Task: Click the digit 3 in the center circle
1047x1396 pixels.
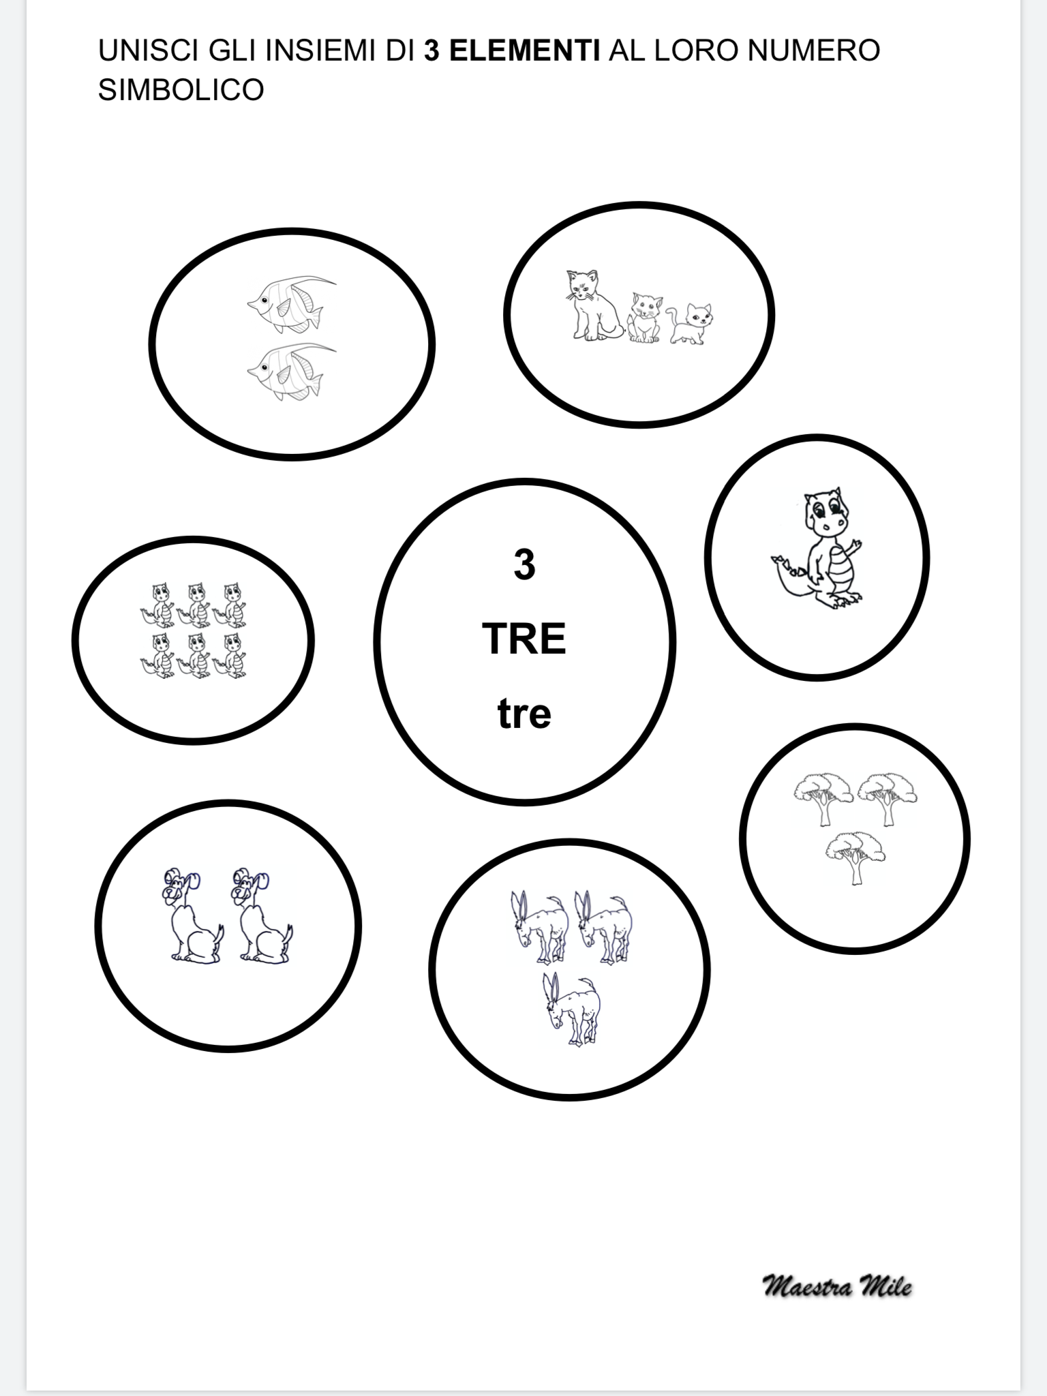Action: pyautogui.click(x=524, y=565)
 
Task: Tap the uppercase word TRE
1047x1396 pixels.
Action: pyautogui.click(x=523, y=639)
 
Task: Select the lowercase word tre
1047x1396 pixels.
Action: pyautogui.click(x=524, y=714)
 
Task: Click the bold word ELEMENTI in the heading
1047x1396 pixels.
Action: pyautogui.click(x=512, y=51)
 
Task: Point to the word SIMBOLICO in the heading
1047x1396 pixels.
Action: pyautogui.click(x=181, y=90)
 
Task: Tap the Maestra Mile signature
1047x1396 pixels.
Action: pyautogui.click(x=837, y=1286)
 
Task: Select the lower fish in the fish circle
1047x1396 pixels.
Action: pyautogui.click(x=290, y=370)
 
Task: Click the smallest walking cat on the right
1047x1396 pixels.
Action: pyautogui.click(x=691, y=323)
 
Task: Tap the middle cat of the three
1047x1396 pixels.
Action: pyautogui.click(x=643, y=317)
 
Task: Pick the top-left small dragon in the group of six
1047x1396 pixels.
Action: pyautogui.click(x=159, y=603)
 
